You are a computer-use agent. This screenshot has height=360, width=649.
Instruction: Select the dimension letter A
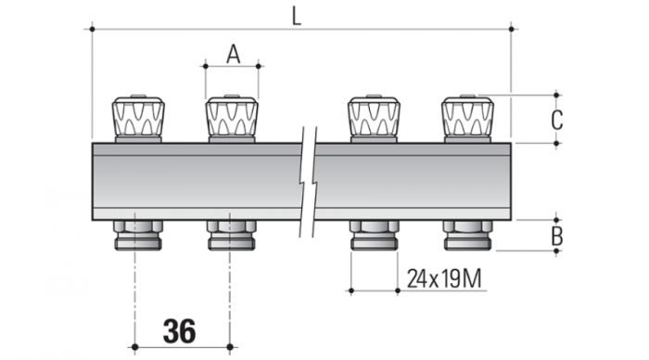(233, 54)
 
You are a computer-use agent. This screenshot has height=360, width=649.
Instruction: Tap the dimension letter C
(555, 119)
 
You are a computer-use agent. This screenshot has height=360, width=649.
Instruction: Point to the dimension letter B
(555, 236)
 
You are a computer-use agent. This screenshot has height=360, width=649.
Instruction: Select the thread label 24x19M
(445, 277)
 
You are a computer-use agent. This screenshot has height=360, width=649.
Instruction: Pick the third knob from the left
(374, 117)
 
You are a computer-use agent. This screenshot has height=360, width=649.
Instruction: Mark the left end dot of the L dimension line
(92, 30)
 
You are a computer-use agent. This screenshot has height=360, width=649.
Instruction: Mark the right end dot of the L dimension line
(514, 30)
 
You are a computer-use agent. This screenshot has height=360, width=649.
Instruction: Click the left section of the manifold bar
(195, 181)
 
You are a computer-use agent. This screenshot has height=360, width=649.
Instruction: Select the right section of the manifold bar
(417, 181)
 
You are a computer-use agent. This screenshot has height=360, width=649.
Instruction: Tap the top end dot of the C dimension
(555, 94)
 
